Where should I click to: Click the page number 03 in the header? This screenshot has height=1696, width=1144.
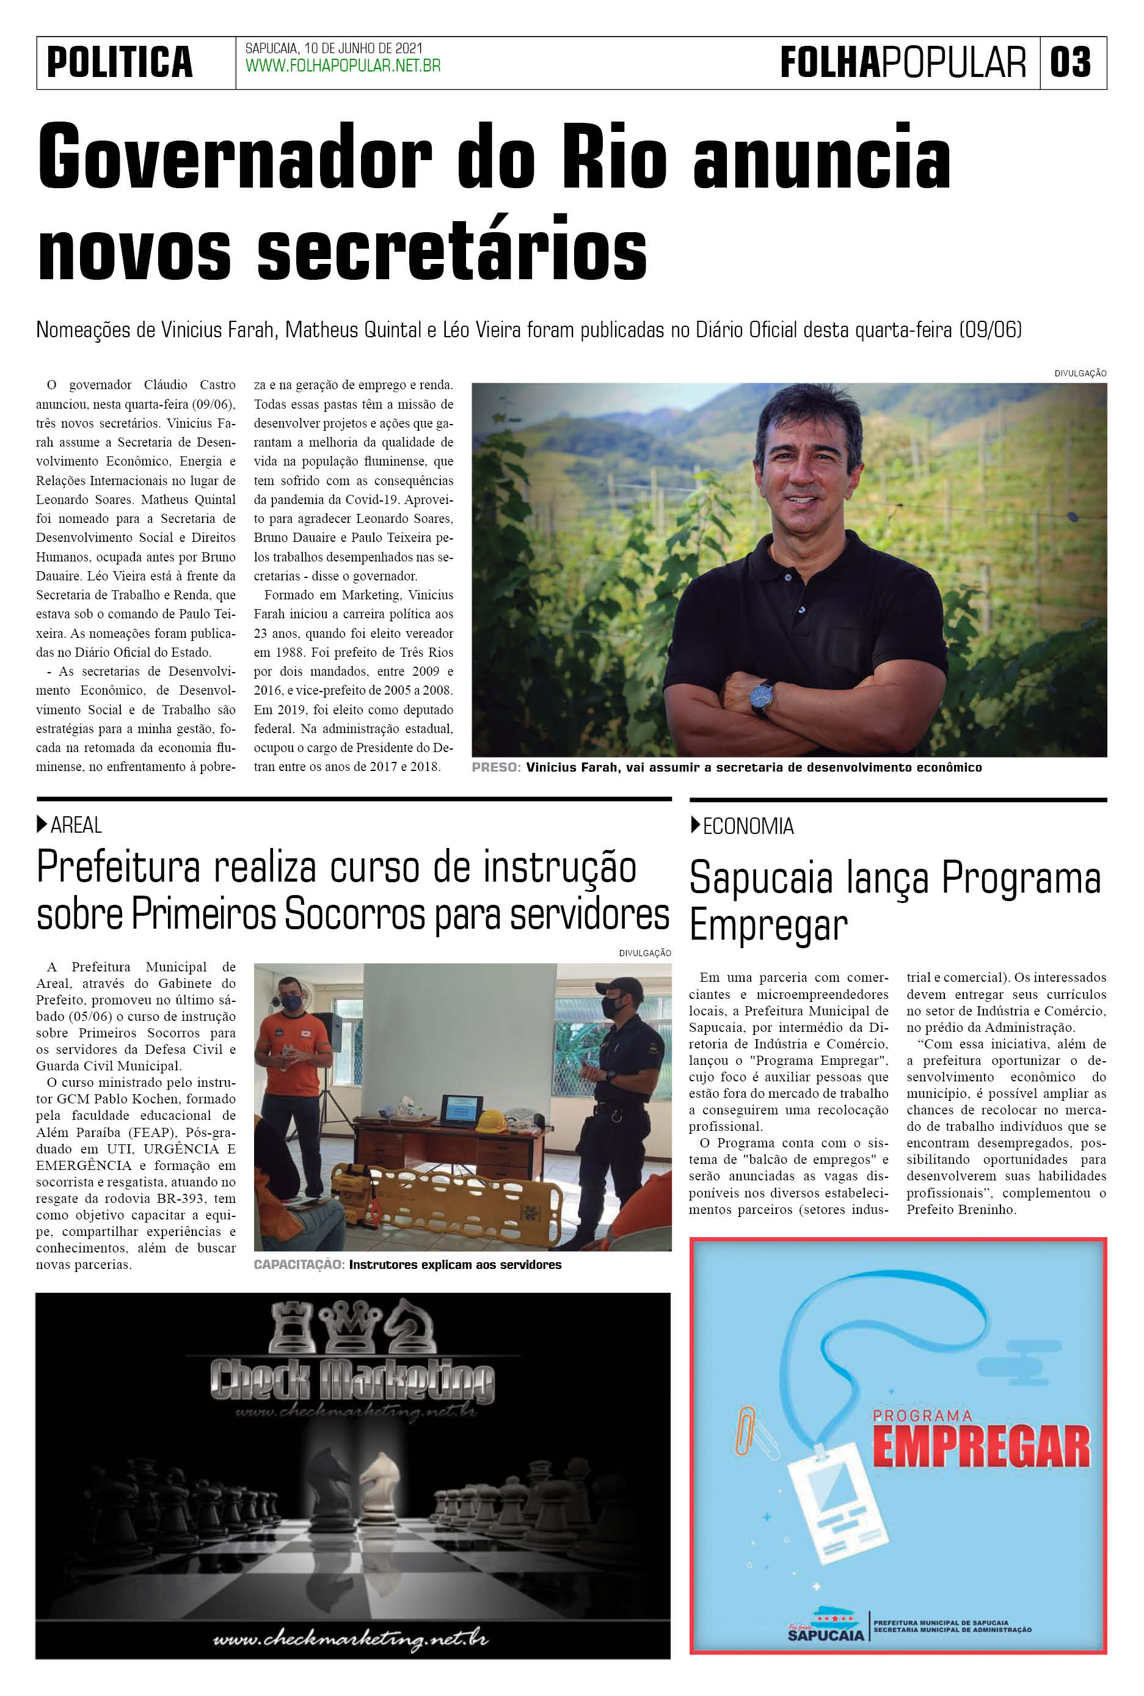[x=1070, y=62]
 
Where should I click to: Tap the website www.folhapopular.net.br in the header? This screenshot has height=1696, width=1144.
[x=342, y=67]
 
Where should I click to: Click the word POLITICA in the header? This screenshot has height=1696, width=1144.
[x=120, y=62]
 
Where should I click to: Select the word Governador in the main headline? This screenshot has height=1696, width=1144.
[x=235, y=158]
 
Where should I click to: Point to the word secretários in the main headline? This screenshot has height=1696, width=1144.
[x=453, y=249]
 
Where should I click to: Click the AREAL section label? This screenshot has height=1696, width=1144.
[x=76, y=825]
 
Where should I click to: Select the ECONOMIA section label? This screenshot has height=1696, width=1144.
[x=748, y=826]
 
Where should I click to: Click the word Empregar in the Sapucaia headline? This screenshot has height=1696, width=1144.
[x=768, y=926]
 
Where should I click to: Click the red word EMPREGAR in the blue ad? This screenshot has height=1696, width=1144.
[x=982, y=1448]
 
